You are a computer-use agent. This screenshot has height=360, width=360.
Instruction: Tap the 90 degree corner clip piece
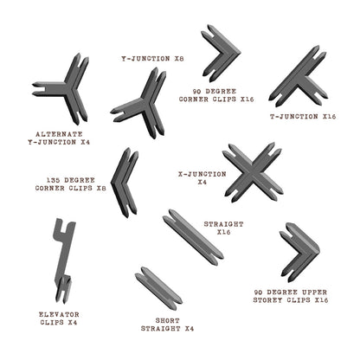tap(222, 52)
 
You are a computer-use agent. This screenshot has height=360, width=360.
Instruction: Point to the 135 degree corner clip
tap(123, 183)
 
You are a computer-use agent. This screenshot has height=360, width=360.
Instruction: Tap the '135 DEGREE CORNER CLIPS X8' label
tap(70, 183)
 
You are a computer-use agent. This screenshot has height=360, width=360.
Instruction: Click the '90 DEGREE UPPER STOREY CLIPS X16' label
tap(291, 296)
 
